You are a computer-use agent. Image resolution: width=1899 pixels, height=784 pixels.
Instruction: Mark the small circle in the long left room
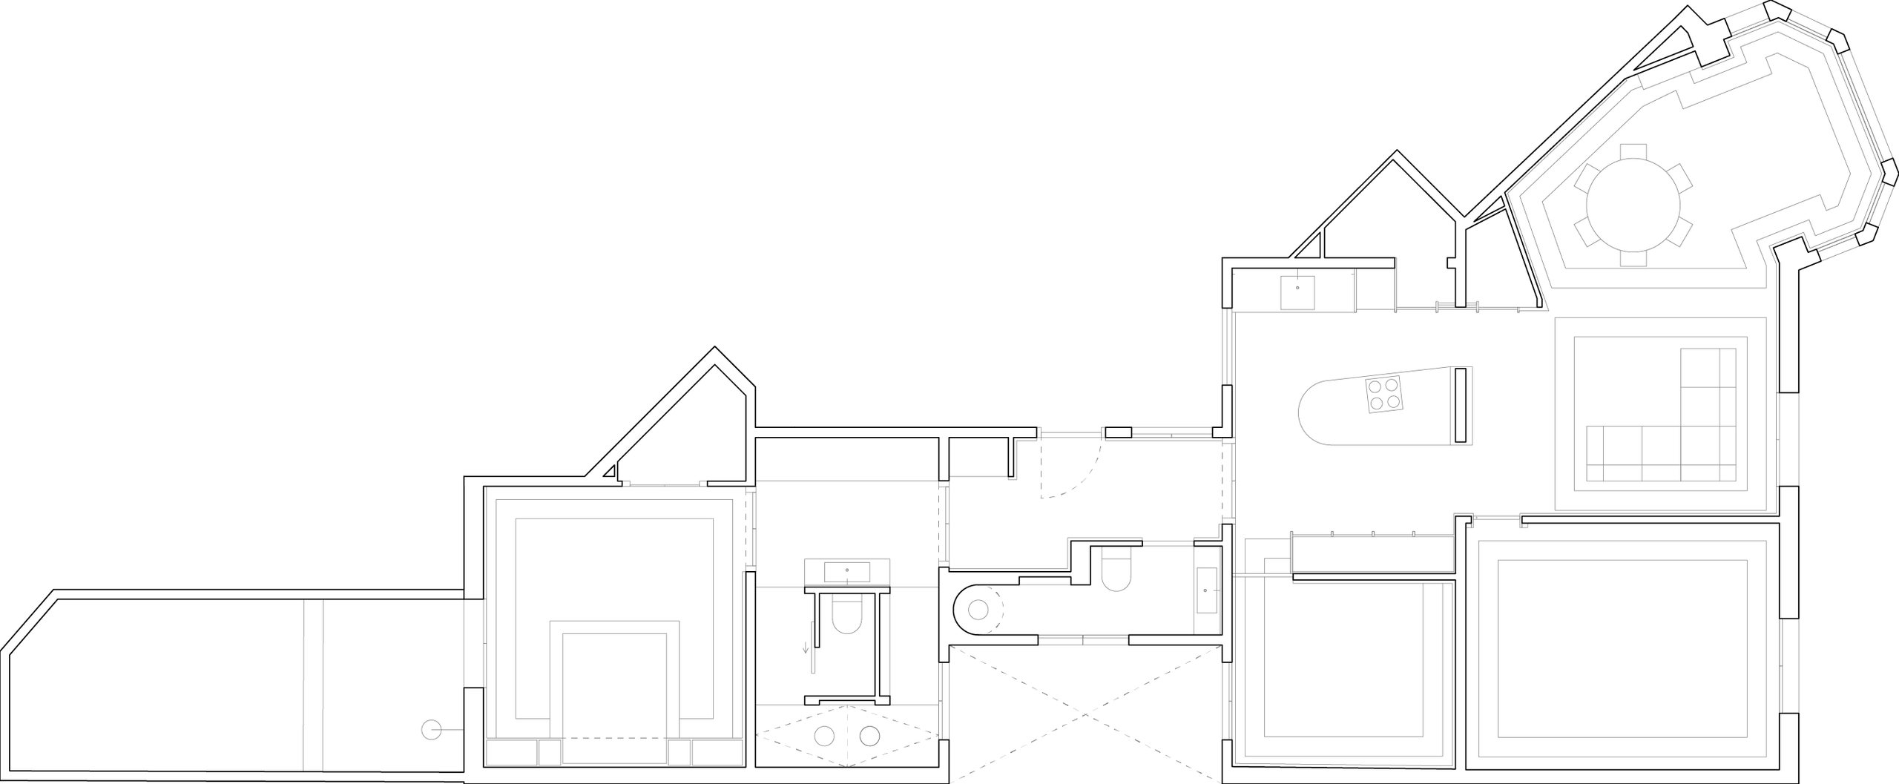click(x=430, y=731)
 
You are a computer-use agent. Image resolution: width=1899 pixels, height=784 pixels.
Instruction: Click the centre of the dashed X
click(x=1085, y=715)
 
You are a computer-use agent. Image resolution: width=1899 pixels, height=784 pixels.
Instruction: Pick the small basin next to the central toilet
click(x=1205, y=589)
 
